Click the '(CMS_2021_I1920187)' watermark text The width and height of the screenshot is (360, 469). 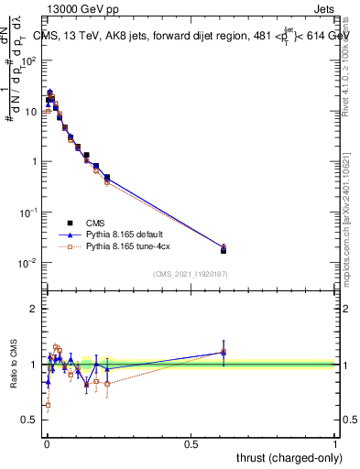[191, 273]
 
